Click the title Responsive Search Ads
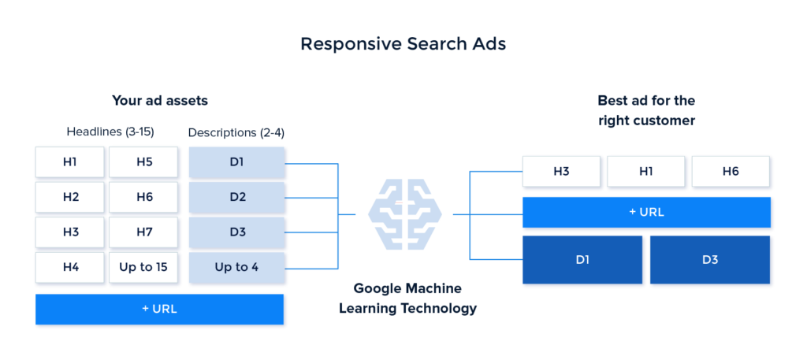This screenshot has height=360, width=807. point(403,44)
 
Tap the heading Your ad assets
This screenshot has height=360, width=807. point(159,101)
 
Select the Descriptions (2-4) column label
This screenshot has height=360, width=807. point(236,132)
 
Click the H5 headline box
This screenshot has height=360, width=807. point(143,162)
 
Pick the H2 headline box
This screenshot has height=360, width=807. point(70,197)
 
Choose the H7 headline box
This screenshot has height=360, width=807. point(143,232)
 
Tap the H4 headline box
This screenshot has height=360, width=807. point(70,267)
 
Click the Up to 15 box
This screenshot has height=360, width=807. point(143,267)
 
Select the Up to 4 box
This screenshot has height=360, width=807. point(236,267)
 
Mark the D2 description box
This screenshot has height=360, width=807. point(236,197)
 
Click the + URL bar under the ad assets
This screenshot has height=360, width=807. point(159,309)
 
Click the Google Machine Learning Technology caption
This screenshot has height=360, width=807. point(407,299)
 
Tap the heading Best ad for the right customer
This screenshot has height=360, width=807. point(646,110)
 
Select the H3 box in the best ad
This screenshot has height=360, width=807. point(561,172)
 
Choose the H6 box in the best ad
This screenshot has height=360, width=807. point(731,172)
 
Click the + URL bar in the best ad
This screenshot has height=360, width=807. point(646,212)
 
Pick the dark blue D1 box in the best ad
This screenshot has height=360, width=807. point(582,259)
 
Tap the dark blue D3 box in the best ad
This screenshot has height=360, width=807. point(710,259)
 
